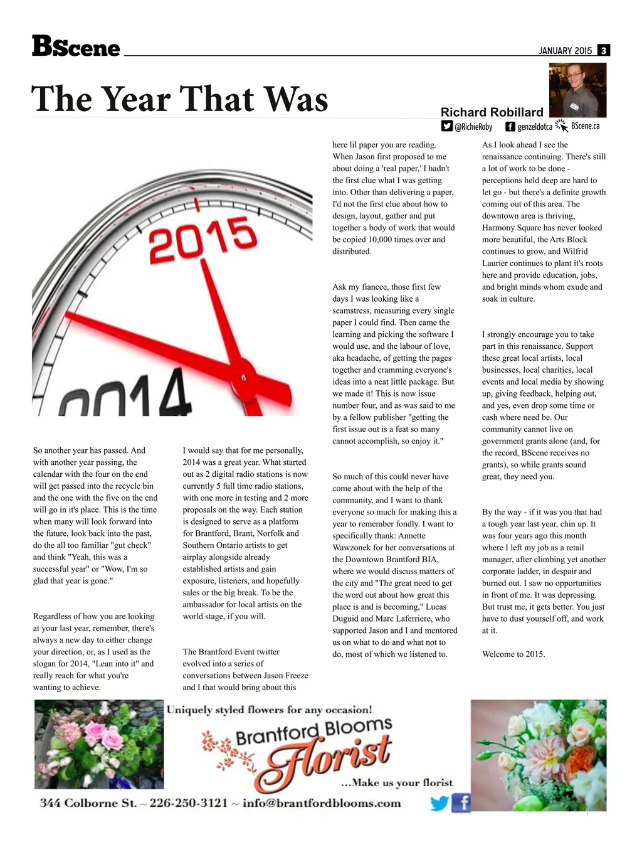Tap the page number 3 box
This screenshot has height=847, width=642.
click(x=603, y=51)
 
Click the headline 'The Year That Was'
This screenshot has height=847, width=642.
click(x=180, y=99)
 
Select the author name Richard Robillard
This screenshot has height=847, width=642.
click(x=492, y=112)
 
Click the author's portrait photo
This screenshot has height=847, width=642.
click(x=577, y=90)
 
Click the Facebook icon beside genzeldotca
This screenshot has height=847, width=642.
click(x=510, y=126)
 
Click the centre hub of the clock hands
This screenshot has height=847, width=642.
click(x=243, y=378)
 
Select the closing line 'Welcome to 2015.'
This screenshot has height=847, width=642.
click(x=513, y=654)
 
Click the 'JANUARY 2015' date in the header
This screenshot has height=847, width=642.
click(x=565, y=51)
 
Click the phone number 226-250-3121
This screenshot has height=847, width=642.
click(x=188, y=803)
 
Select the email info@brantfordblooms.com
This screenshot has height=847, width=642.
click(x=322, y=803)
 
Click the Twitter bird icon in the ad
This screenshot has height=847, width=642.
click(x=439, y=803)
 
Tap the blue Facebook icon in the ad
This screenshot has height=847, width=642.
click(x=461, y=802)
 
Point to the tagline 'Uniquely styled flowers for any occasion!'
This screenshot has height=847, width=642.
click(x=270, y=710)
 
